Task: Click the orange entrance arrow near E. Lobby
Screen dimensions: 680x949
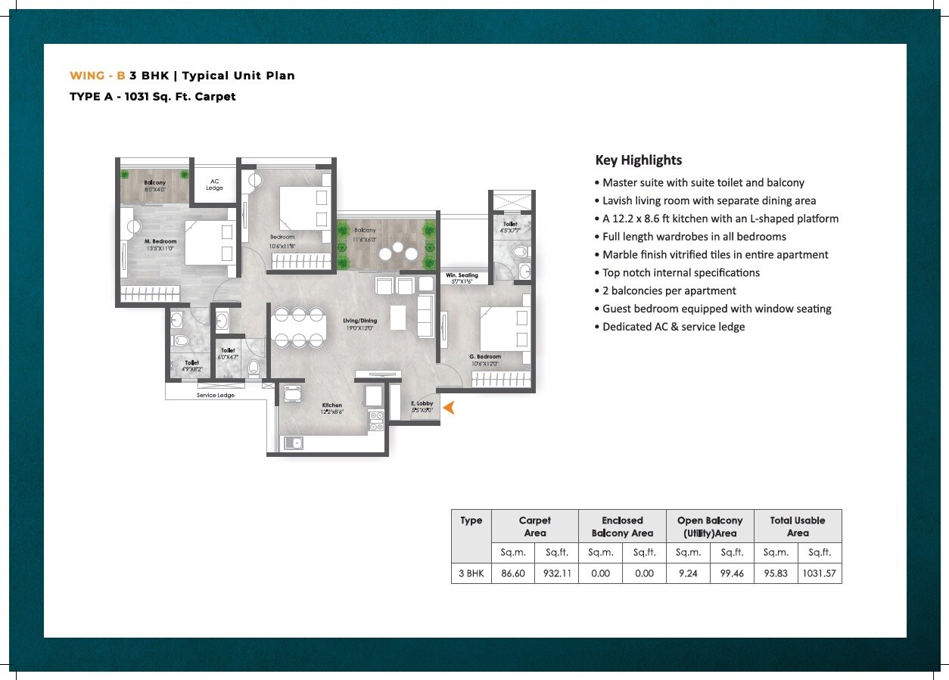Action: [x=448, y=408]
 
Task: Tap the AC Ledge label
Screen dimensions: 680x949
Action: [x=214, y=185]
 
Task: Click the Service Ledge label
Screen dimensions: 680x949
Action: [x=216, y=396]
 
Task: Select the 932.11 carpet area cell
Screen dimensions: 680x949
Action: [x=556, y=573]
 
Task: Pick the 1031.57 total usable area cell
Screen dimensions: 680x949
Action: [x=820, y=573]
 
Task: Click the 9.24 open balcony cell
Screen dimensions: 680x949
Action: [x=688, y=573]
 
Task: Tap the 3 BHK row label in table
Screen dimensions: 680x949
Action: [x=471, y=573]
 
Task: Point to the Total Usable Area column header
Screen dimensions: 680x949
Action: [x=798, y=526]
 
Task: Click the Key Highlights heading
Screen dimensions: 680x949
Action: [x=638, y=160]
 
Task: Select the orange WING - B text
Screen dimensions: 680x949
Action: [x=97, y=76]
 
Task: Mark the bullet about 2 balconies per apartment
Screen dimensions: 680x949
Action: [x=669, y=290]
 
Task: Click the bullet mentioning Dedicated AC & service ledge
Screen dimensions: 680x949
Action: [x=674, y=327]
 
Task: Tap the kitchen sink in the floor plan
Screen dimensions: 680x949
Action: [x=294, y=443]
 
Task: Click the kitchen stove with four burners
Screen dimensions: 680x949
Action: [x=375, y=421]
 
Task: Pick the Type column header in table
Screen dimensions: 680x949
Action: [x=471, y=520]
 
